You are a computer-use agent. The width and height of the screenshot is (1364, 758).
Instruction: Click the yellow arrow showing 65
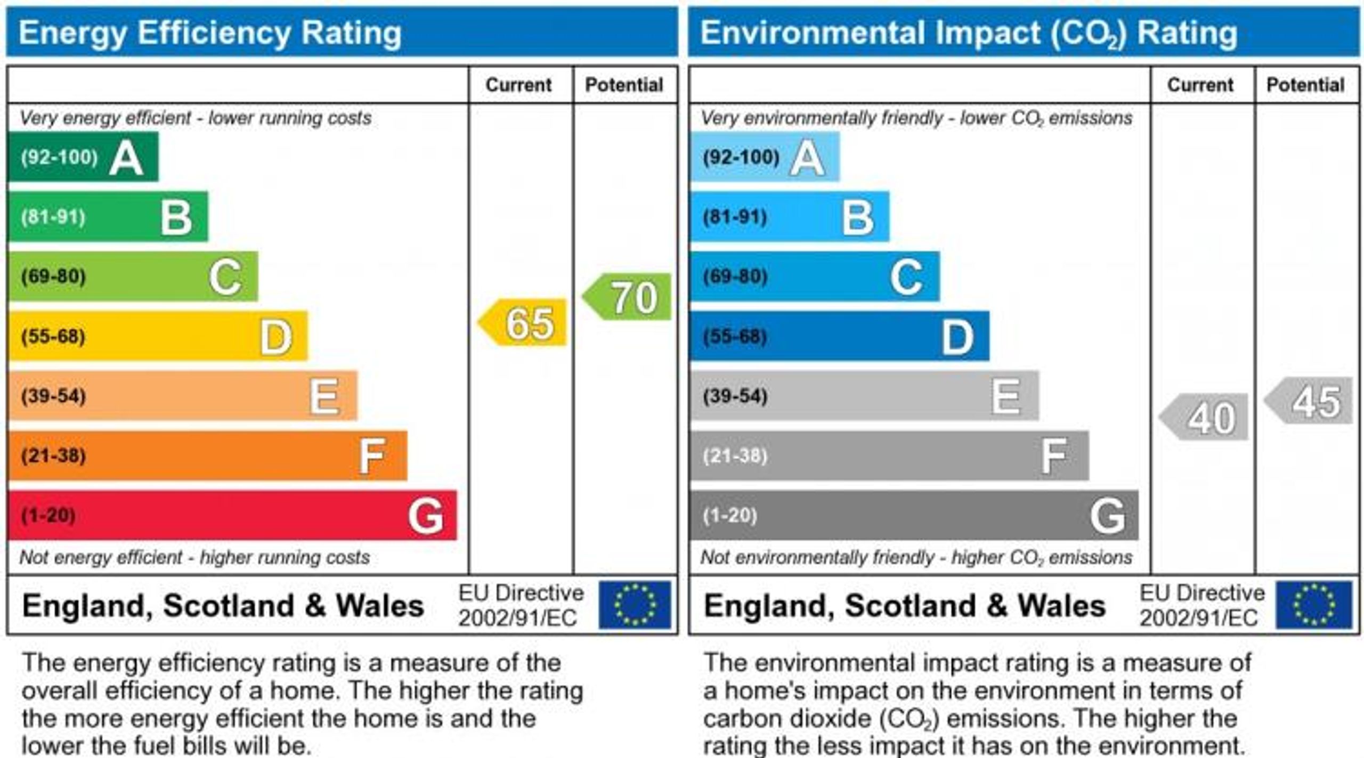[x=525, y=323]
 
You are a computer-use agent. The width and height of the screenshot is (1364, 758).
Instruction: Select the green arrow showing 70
[x=629, y=297]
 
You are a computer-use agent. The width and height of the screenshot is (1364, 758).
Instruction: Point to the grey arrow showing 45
[x=1311, y=401]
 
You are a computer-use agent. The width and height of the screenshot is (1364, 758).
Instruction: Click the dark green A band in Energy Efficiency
[x=83, y=157]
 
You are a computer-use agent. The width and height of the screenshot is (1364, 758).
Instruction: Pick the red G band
[x=232, y=515]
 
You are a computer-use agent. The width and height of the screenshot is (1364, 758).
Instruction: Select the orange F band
[x=208, y=455]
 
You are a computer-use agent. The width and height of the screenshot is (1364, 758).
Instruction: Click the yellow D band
[x=158, y=336]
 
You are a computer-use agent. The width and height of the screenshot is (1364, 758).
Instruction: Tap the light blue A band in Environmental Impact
[x=765, y=157]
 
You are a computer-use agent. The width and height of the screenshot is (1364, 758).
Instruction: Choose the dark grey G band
[x=914, y=515]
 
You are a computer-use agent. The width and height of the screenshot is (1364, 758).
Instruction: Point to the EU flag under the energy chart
[x=635, y=605]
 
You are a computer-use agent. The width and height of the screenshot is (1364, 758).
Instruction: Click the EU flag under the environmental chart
[x=1314, y=605]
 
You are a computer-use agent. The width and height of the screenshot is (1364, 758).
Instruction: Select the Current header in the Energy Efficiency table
[x=518, y=85]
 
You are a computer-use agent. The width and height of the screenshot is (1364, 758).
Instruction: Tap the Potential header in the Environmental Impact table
[x=1305, y=85]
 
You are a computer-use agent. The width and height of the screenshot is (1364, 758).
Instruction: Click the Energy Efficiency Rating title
[x=210, y=33]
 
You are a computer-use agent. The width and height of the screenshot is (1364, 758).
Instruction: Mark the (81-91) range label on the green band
[x=53, y=217]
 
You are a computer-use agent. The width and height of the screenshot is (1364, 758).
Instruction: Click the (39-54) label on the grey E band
[x=735, y=396]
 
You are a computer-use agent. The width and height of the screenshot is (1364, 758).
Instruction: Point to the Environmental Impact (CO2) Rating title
[x=969, y=33]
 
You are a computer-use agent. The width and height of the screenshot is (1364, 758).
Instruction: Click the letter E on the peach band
[x=324, y=396]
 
